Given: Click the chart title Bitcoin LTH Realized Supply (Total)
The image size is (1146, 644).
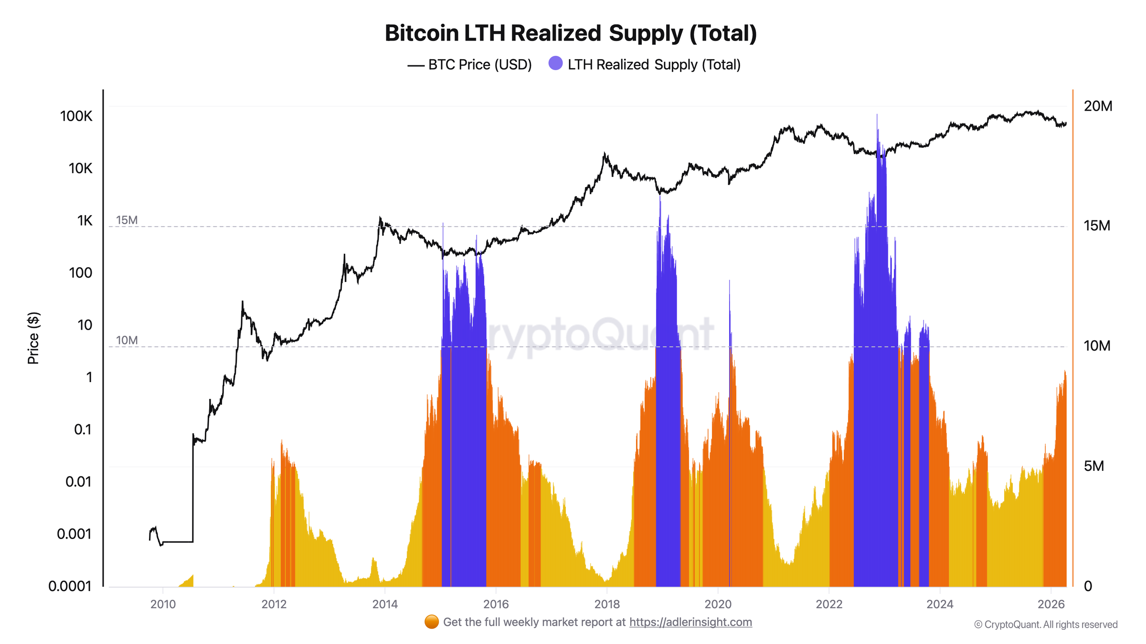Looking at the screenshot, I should (x=571, y=33).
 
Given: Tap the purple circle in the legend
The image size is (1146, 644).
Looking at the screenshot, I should (x=555, y=63).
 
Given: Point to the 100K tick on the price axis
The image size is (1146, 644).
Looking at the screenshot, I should (x=76, y=116).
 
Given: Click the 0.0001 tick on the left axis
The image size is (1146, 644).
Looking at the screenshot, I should (x=70, y=586).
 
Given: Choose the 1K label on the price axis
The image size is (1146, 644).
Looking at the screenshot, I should (x=85, y=220).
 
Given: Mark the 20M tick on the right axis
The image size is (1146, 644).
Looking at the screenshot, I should (x=1098, y=106).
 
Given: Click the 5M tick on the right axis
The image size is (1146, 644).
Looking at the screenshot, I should (x=1094, y=466).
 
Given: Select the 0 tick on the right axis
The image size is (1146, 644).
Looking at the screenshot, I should (x=1088, y=586).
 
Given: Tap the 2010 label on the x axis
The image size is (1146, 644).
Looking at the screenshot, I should (x=163, y=604).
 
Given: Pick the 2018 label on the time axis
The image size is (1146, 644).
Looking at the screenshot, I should (x=607, y=604).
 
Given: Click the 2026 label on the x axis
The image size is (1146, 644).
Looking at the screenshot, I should (x=1051, y=604).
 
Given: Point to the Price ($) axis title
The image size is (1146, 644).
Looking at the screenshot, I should (x=33, y=338).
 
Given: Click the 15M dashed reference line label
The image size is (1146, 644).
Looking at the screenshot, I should (x=127, y=220).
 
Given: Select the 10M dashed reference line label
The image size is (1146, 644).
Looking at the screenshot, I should (x=127, y=340).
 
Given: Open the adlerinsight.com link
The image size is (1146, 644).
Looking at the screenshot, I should (x=690, y=622).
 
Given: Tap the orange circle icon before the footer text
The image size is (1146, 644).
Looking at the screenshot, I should (x=431, y=622).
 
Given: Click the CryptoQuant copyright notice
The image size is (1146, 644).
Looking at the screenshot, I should (x=1046, y=624).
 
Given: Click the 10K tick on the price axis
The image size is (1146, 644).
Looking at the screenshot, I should (x=80, y=168).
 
